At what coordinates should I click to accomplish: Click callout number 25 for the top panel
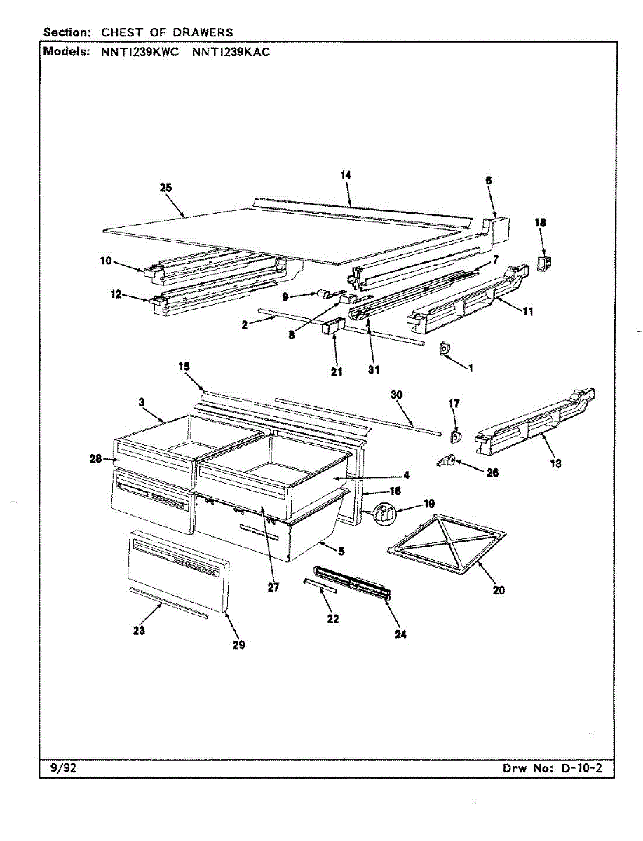[x=165, y=188]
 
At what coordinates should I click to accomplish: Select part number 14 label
[x=346, y=175]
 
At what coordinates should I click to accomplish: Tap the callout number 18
[x=541, y=223]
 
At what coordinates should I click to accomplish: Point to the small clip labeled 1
[x=444, y=348]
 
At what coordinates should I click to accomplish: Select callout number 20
[x=498, y=590]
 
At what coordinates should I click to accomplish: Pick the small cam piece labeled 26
[x=446, y=460]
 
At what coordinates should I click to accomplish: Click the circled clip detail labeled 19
[x=384, y=514]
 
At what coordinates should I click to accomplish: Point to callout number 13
[x=556, y=463]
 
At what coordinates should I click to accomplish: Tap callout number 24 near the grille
[x=400, y=634]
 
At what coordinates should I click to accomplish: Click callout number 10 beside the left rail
[x=106, y=261]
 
